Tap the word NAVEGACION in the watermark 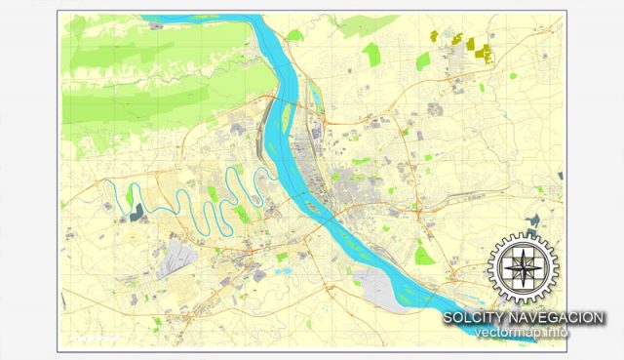point(559,318)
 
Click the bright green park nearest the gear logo point(423,256)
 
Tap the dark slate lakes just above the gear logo point(535,220)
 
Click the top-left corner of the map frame point(60,13)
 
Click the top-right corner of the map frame point(563,13)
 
